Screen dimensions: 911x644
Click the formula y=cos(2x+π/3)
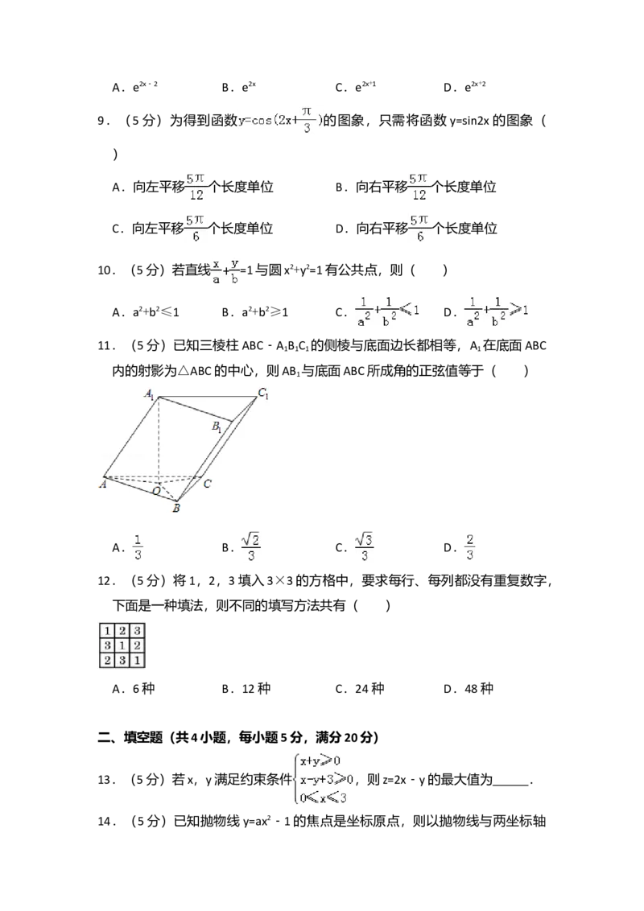279,119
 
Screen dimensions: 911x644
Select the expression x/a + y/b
225,270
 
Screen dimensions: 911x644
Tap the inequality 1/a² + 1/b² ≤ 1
389,311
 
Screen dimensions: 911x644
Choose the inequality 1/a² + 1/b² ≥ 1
498,311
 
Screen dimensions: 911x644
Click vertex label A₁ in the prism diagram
150,394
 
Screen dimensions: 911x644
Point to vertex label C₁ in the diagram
262,394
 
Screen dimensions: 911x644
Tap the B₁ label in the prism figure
217,427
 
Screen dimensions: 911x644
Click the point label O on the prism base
156,489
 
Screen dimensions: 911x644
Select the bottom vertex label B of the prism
177,508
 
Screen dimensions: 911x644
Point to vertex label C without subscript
207,484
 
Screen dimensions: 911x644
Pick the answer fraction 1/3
138,547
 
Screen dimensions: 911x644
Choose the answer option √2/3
250,547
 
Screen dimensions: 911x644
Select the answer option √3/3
366,547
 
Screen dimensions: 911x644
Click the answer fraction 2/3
470,547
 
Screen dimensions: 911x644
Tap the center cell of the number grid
122,645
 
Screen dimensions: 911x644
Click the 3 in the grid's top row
138,631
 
